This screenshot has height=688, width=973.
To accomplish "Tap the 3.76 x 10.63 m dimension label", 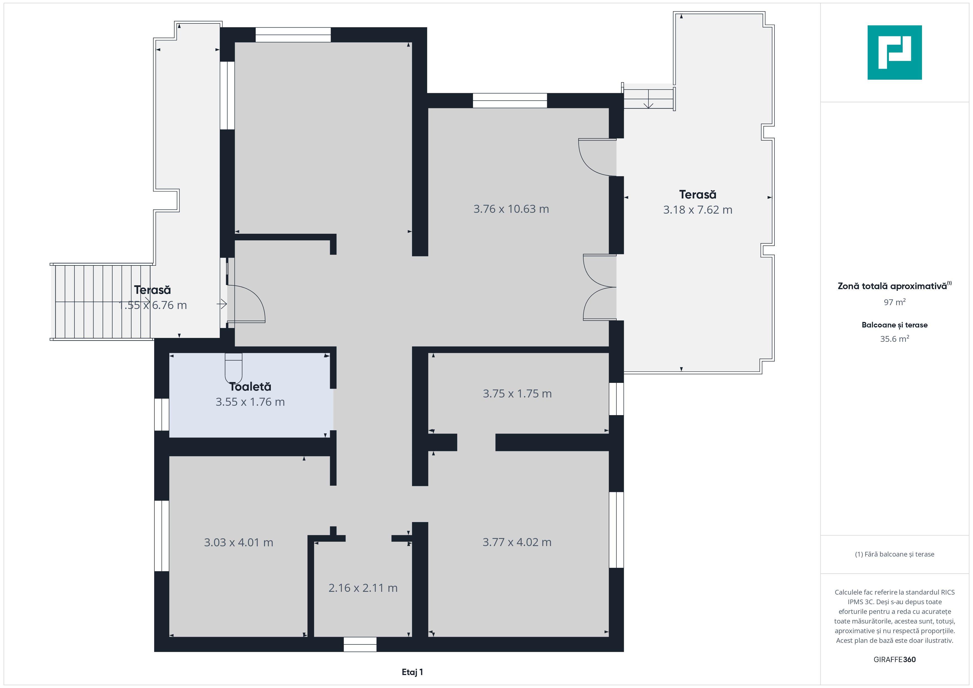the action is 511,209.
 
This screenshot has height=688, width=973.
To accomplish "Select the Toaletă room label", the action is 250,386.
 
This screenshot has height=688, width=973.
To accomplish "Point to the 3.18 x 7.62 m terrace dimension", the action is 697,210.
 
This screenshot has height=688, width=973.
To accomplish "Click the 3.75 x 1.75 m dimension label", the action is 517,394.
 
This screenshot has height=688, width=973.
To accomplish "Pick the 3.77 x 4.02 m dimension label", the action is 517,542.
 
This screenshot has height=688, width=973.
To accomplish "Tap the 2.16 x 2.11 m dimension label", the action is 363,588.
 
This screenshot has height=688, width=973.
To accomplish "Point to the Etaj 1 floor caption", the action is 412,672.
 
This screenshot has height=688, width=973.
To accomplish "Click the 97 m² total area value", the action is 895,302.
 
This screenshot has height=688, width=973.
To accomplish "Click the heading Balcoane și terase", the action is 895,325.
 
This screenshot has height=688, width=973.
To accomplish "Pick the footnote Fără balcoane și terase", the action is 895,554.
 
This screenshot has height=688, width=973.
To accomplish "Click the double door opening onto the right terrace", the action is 600,287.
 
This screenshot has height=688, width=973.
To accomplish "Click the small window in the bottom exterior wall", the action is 360,644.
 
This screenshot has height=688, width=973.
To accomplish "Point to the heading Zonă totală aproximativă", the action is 895,286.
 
